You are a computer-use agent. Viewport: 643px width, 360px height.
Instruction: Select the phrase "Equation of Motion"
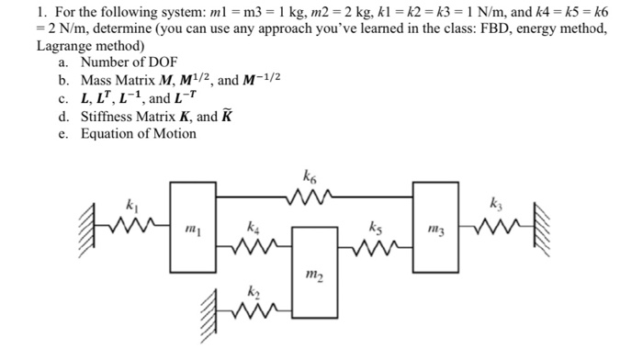point(138,134)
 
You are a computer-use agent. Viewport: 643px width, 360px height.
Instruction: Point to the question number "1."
point(41,11)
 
